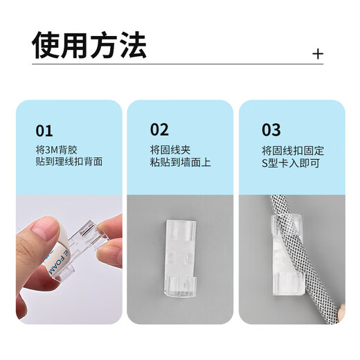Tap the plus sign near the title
(x=318, y=54)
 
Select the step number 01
(x=44, y=130)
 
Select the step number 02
(x=159, y=130)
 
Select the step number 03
(x=271, y=130)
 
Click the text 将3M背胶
(x=54, y=150)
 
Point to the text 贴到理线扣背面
(x=69, y=162)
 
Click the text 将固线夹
(x=168, y=150)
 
